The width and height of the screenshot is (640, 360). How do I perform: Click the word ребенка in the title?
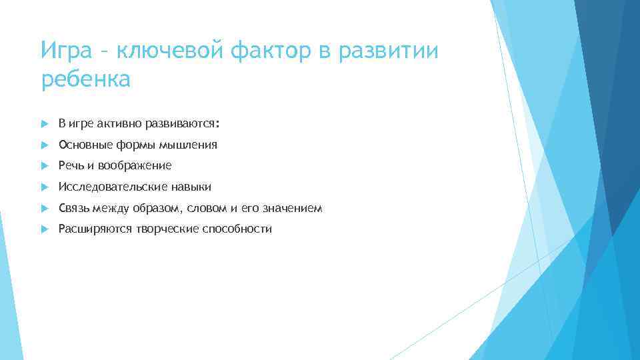pyautogui.click(x=87, y=80)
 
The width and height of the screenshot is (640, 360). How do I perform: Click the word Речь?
pyautogui.click(x=71, y=165)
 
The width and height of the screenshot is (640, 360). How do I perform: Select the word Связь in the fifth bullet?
pyautogui.click(x=73, y=208)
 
